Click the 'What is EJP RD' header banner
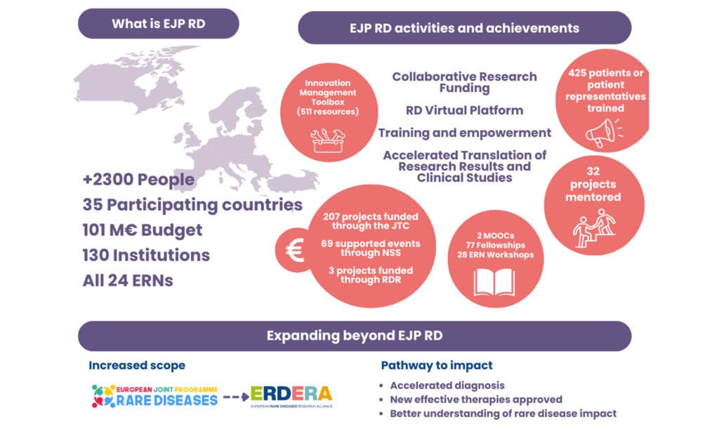(x=158, y=23)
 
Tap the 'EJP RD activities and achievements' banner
(x=465, y=28)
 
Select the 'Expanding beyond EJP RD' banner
(x=355, y=336)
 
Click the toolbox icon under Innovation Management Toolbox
(x=327, y=140)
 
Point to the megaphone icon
(x=604, y=133)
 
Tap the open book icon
(x=494, y=282)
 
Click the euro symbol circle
(x=294, y=251)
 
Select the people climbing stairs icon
(x=594, y=228)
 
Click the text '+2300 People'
(x=138, y=179)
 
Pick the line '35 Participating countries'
(x=192, y=205)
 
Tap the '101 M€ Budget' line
(x=142, y=230)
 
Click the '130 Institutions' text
(x=146, y=255)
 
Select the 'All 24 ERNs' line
(x=128, y=280)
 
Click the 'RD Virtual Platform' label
(x=465, y=110)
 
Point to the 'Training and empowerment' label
(x=465, y=133)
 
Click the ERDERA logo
(x=291, y=397)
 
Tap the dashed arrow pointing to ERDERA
(x=236, y=397)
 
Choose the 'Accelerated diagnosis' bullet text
(x=447, y=385)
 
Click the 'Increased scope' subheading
(x=137, y=366)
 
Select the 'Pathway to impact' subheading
(x=437, y=366)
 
